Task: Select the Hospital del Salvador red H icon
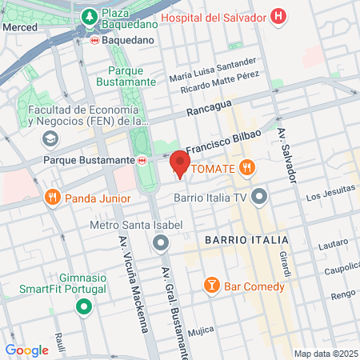tap(278, 16)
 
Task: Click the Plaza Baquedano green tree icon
tap(90, 17)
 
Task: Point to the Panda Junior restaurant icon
tap(52, 197)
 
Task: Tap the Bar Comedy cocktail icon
tap(211, 286)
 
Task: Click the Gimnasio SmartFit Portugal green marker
tap(83, 306)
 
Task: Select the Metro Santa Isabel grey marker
tap(162, 242)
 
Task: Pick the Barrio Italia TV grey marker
tap(258, 197)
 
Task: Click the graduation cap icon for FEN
tap(50, 139)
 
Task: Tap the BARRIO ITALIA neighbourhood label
tap(245, 240)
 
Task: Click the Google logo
tap(26, 350)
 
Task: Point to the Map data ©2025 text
tap(325, 354)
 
